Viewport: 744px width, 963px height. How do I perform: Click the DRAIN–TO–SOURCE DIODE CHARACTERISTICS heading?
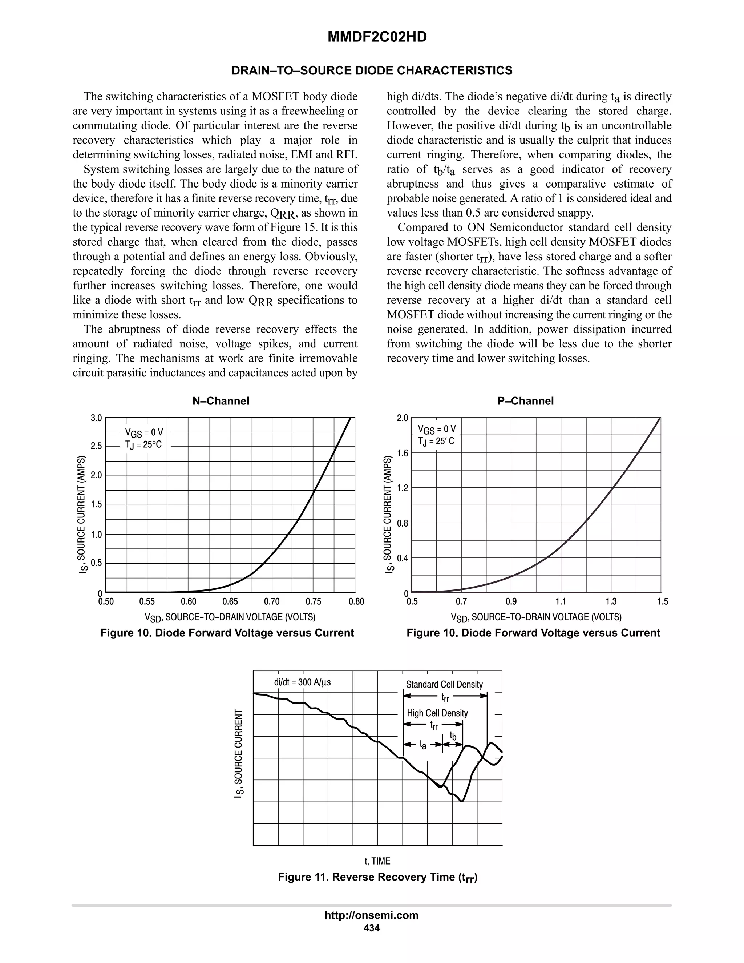pos(372,70)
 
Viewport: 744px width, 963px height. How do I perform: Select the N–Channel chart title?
pos(221,401)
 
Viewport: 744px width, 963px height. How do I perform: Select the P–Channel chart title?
pos(525,401)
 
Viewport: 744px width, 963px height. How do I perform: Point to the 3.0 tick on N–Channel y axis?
pos(96,418)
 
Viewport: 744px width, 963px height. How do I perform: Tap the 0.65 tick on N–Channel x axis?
pos(230,601)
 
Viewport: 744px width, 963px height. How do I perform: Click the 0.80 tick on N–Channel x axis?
pos(356,601)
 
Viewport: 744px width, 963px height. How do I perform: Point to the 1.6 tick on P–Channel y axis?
pos(403,453)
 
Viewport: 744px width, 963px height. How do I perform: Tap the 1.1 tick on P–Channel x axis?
pos(561,601)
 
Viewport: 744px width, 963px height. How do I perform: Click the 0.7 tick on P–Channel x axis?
pos(461,601)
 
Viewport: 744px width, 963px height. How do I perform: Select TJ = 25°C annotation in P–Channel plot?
pos(436,441)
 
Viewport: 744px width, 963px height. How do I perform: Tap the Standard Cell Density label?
pos(444,684)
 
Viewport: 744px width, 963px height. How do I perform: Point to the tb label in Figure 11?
pos(453,736)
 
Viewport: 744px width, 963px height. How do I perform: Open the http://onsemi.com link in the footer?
pos(372,915)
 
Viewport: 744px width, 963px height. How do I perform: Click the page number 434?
pos(372,928)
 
